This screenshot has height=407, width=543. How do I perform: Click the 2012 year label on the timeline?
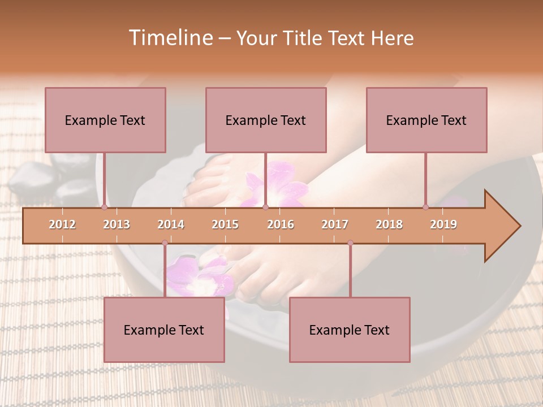tap(62, 224)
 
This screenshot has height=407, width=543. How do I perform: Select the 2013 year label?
tap(117, 224)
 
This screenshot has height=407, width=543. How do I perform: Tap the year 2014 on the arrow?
tap(171, 224)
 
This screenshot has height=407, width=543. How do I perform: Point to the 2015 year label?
tap(225, 224)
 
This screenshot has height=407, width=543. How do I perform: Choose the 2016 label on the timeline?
tap(281, 224)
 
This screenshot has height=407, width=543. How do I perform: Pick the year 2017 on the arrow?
tap(335, 224)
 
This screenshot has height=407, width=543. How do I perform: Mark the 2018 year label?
tap(389, 224)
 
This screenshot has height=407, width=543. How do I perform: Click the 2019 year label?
tap(443, 224)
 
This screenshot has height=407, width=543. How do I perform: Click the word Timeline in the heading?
tap(170, 38)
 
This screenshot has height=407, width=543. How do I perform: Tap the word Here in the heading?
tap(393, 38)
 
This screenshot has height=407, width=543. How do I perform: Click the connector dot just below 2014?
tap(165, 243)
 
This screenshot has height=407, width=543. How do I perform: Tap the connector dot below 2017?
tap(350, 243)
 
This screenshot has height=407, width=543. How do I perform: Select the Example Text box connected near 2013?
tap(105, 120)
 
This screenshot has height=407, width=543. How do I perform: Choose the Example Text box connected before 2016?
tap(266, 120)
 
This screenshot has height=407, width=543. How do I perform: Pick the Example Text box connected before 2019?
tap(426, 120)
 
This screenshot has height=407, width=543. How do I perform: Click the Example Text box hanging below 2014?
tap(164, 330)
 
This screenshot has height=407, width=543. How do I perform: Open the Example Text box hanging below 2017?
tap(350, 330)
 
